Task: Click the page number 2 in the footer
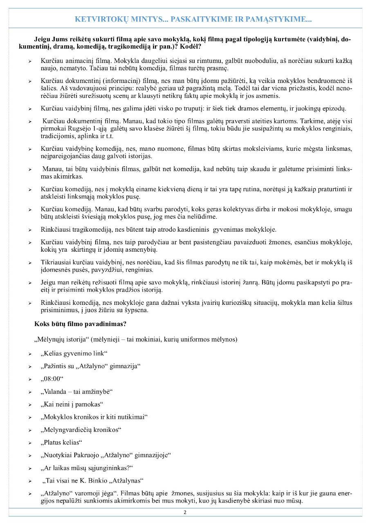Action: pyautogui.click(x=185, y=512)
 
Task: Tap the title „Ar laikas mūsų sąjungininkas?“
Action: pyautogui.click(x=87, y=468)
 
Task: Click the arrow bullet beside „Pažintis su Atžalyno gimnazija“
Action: pyautogui.click(x=30, y=367)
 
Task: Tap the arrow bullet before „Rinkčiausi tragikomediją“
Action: pyautogui.click(x=30, y=230)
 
